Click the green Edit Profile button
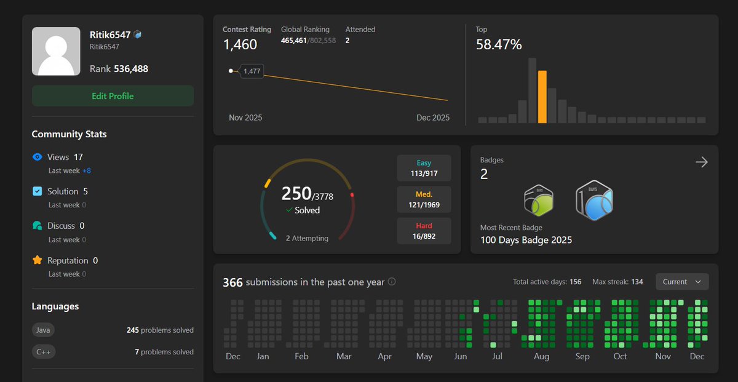[x=113, y=96]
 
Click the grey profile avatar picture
[x=56, y=51]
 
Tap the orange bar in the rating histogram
[x=542, y=97]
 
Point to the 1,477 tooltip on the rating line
[x=252, y=71]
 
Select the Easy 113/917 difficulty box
[x=424, y=168]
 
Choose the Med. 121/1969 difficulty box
[x=424, y=199]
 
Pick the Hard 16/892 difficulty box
[x=424, y=231]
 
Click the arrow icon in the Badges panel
[x=701, y=162]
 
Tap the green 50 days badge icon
[x=538, y=201]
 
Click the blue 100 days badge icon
[x=594, y=201]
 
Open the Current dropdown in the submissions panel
[x=682, y=282]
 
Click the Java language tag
[x=43, y=330]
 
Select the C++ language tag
[x=43, y=352]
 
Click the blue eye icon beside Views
[x=37, y=157]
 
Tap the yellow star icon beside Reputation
[x=37, y=260]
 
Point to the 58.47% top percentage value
[x=499, y=44]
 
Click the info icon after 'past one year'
[x=392, y=282]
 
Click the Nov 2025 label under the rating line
[x=245, y=117]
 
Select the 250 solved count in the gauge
[x=296, y=193]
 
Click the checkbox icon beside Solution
[x=37, y=191]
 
